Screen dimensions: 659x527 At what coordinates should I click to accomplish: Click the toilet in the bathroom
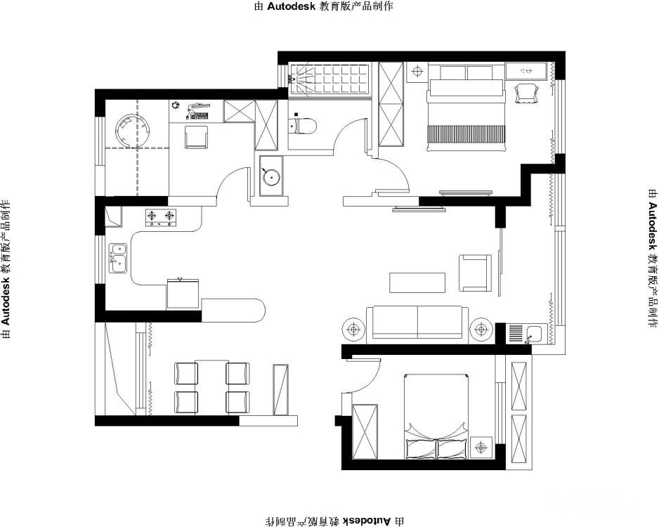coord(302,126)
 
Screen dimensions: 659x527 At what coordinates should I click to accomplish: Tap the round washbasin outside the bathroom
coord(271,176)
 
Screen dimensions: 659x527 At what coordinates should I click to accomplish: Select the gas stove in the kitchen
coord(161,218)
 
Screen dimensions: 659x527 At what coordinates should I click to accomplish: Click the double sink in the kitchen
coord(118,258)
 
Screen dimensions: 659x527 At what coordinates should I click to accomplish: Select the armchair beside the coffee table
coord(475,273)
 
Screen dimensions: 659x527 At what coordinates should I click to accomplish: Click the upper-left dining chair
coord(185,374)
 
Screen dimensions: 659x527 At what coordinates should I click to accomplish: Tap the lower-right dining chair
coord(238,403)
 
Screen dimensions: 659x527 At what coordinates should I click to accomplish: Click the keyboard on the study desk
coord(199,115)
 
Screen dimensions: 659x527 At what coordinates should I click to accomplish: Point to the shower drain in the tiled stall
coord(291,78)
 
